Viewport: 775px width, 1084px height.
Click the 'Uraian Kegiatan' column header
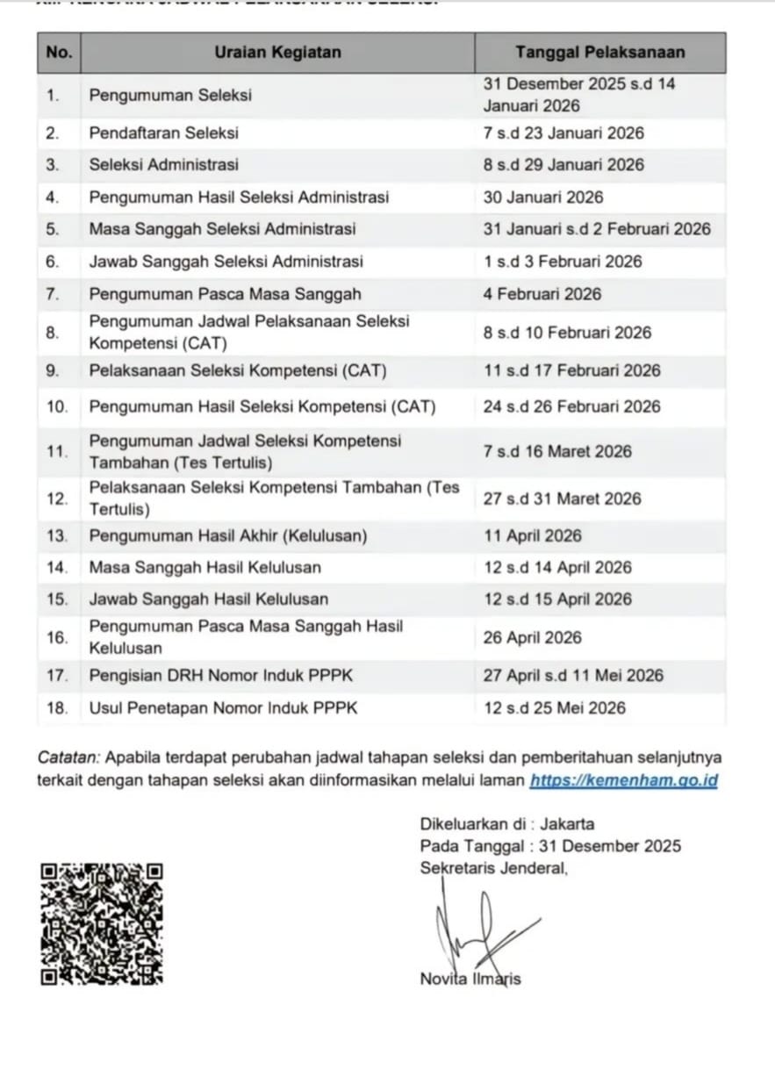tap(277, 53)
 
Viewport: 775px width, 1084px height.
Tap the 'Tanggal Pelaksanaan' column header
tap(600, 53)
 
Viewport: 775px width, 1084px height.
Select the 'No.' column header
tap(59, 53)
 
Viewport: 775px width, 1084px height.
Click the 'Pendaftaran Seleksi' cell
tap(164, 133)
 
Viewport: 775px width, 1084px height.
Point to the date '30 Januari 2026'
tap(543, 197)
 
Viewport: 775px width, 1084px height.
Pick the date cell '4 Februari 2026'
tap(542, 294)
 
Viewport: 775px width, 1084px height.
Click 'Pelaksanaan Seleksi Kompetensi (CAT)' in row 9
tap(238, 370)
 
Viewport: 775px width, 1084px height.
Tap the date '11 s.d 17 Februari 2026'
tap(572, 370)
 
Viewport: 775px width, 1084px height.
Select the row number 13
tap(57, 535)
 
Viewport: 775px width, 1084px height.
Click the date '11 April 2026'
tap(532, 535)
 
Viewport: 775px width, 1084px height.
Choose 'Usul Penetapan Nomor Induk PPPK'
tap(224, 707)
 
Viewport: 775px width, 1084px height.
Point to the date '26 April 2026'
tap(532, 637)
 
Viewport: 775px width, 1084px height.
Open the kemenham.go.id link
tap(624, 780)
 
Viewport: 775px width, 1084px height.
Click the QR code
tap(102, 923)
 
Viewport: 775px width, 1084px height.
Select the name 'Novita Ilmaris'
tap(470, 979)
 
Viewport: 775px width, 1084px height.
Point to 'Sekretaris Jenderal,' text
tap(494, 869)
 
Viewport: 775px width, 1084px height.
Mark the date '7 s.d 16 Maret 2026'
tap(557, 451)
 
